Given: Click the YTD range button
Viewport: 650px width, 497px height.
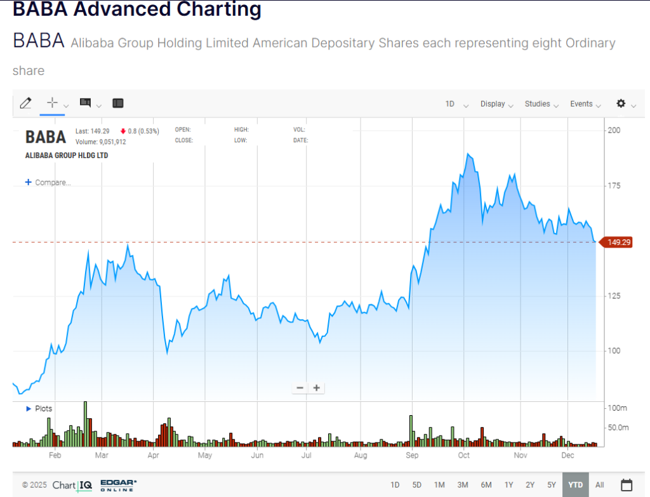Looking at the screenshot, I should (575, 485).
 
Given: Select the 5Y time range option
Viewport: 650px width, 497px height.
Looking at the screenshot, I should (552, 485).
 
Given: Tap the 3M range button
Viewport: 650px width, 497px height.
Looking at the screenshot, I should (463, 485).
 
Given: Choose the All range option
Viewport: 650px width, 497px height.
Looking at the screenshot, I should (600, 485).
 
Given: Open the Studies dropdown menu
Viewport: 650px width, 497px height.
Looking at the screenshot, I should (541, 104).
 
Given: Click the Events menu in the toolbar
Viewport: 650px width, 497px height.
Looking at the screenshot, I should (585, 104).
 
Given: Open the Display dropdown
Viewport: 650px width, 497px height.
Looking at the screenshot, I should (496, 104).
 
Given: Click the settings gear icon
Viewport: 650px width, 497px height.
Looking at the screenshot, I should (621, 103).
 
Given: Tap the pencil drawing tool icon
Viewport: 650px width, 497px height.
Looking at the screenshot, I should (25, 103).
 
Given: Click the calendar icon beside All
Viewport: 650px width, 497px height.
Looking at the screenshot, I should (626, 485).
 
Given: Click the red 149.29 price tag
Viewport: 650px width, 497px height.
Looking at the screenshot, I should (618, 242).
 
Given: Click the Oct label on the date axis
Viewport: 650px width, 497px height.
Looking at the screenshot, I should (464, 456).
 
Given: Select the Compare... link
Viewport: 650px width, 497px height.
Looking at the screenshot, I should (48, 183).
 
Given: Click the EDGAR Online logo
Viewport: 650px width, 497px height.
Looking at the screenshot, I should (118, 485).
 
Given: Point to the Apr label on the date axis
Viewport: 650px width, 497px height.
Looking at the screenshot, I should (153, 456).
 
